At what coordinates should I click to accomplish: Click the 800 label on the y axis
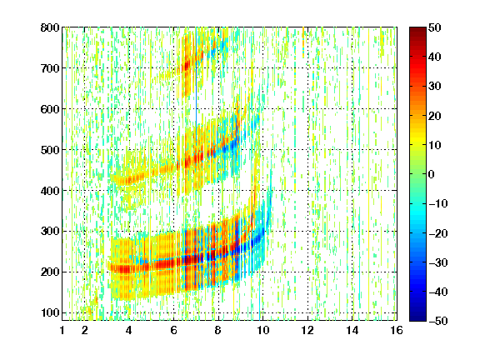(50, 27)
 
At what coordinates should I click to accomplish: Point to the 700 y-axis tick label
(50, 68)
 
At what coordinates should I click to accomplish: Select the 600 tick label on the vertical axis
(50, 109)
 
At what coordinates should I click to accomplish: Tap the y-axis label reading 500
(50, 150)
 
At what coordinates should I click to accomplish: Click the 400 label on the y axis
(50, 191)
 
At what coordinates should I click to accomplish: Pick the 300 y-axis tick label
(50, 232)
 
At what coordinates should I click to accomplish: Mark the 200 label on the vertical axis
(50, 272)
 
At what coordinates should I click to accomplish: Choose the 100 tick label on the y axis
(50, 313)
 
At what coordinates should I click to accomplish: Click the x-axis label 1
(62, 330)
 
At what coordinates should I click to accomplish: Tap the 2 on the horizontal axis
(85, 330)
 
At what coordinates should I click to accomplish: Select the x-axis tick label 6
(173, 330)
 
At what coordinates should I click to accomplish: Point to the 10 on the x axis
(262, 330)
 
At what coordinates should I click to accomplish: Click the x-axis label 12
(307, 330)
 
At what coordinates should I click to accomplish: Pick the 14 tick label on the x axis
(352, 330)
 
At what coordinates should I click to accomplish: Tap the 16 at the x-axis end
(397, 330)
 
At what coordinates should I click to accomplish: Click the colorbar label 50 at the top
(434, 27)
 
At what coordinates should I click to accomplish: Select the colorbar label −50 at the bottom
(438, 321)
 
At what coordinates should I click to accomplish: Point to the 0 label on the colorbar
(432, 174)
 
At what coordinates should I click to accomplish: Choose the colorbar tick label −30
(438, 262)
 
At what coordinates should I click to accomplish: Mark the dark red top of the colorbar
(417, 31)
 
